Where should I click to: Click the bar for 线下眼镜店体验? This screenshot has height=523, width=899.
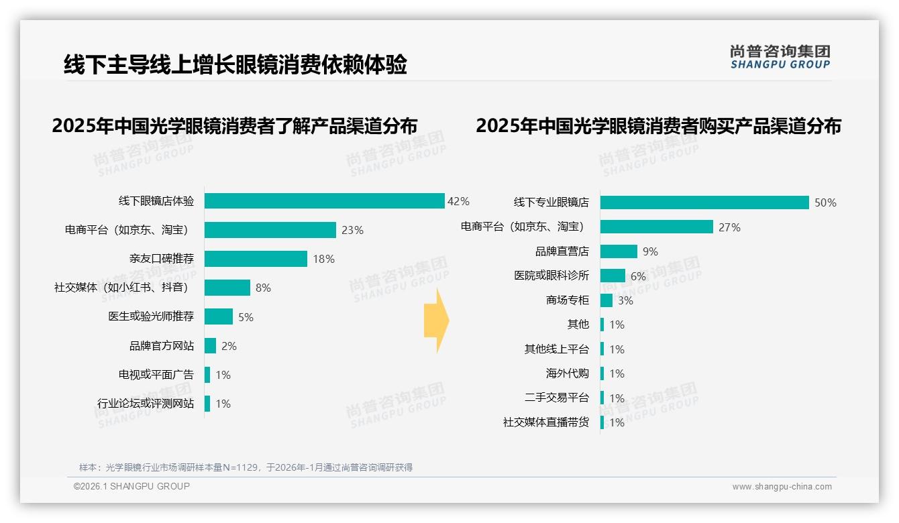(325, 201)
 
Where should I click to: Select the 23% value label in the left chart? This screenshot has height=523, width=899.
(352, 230)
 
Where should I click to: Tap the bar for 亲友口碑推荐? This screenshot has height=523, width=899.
(256, 259)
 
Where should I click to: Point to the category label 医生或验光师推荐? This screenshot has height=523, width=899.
(151, 316)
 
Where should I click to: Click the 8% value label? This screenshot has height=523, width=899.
(263, 288)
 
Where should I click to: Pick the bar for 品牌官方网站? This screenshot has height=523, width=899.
(210, 346)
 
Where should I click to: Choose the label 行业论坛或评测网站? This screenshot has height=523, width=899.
(146, 404)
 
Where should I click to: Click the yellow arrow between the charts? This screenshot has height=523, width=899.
(436, 321)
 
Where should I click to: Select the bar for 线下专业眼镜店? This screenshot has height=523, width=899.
(704, 202)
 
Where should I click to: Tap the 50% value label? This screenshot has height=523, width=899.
(825, 202)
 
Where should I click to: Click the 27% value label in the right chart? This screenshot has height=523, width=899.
(729, 227)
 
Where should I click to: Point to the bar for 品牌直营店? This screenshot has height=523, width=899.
(619, 251)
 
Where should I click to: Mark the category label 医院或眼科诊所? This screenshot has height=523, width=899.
(551, 276)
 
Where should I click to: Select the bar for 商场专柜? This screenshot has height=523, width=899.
(606, 300)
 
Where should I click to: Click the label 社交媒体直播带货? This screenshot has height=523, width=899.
(546, 422)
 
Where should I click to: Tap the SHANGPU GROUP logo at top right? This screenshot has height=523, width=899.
(780, 57)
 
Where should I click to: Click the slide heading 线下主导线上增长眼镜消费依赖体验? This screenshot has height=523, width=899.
(235, 65)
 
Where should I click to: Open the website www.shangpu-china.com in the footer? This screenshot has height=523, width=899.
(782, 487)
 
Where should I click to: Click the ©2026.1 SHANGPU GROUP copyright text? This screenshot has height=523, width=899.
(131, 486)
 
